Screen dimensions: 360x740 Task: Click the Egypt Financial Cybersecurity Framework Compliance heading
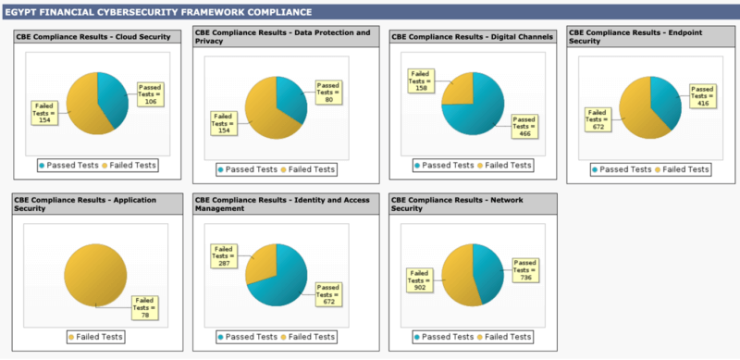click(157, 12)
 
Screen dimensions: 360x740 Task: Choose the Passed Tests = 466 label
click(524, 126)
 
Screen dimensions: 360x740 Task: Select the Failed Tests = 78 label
click(143, 305)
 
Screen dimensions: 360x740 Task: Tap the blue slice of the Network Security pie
click(487, 273)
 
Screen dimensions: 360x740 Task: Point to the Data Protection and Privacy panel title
click(282, 36)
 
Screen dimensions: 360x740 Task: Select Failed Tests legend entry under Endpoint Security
click(682, 169)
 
